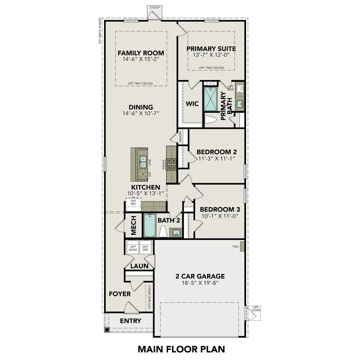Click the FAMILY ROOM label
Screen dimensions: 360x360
(135, 53)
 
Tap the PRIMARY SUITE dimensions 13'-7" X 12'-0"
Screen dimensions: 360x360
(212, 56)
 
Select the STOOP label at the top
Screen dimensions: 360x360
(154, 8)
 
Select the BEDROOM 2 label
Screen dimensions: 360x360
(216, 152)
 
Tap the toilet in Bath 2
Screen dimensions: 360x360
(163, 232)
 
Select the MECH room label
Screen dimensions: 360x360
(134, 226)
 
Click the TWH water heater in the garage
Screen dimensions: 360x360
(242, 246)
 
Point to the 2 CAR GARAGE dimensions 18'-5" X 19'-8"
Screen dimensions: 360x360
(200, 283)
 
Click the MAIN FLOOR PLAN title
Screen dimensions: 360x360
(184, 348)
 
